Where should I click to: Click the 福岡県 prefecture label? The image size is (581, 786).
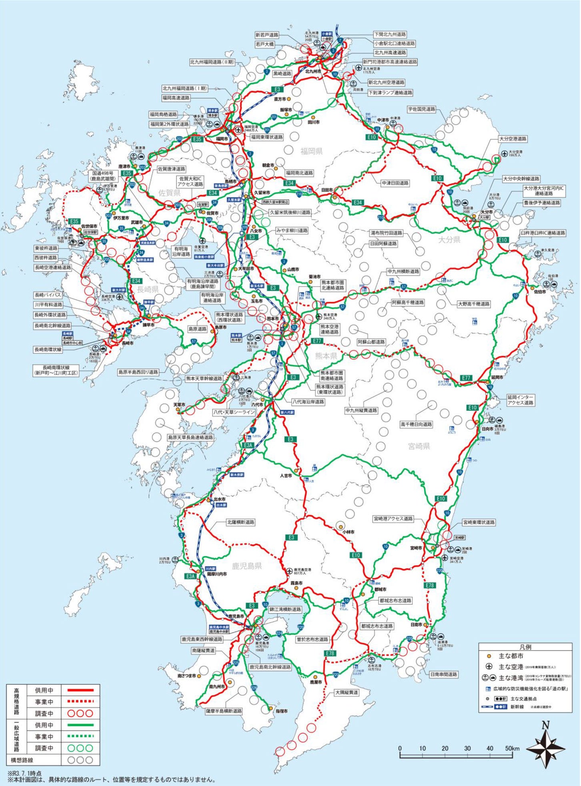(311, 151)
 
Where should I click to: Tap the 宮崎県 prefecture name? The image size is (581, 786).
(419, 446)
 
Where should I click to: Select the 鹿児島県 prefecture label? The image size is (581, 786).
(247, 565)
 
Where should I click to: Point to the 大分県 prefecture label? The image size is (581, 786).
(449, 240)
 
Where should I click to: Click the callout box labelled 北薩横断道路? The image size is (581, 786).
(240, 522)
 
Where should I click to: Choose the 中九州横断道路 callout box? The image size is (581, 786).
(403, 271)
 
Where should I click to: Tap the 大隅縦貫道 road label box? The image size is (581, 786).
(347, 692)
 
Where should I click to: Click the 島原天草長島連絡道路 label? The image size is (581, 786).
(190, 437)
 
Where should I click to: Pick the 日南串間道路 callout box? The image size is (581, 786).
(443, 674)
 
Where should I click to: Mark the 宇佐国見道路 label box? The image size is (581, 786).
(421, 109)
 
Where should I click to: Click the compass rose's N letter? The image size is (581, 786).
(545, 725)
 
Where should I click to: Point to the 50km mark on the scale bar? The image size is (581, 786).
(512, 748)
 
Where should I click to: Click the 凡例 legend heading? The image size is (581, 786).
(525, 647)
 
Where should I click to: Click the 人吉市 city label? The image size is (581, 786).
(286, 476)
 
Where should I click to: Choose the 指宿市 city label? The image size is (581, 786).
(282, 711)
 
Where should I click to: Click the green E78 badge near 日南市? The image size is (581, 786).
(429, 585)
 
